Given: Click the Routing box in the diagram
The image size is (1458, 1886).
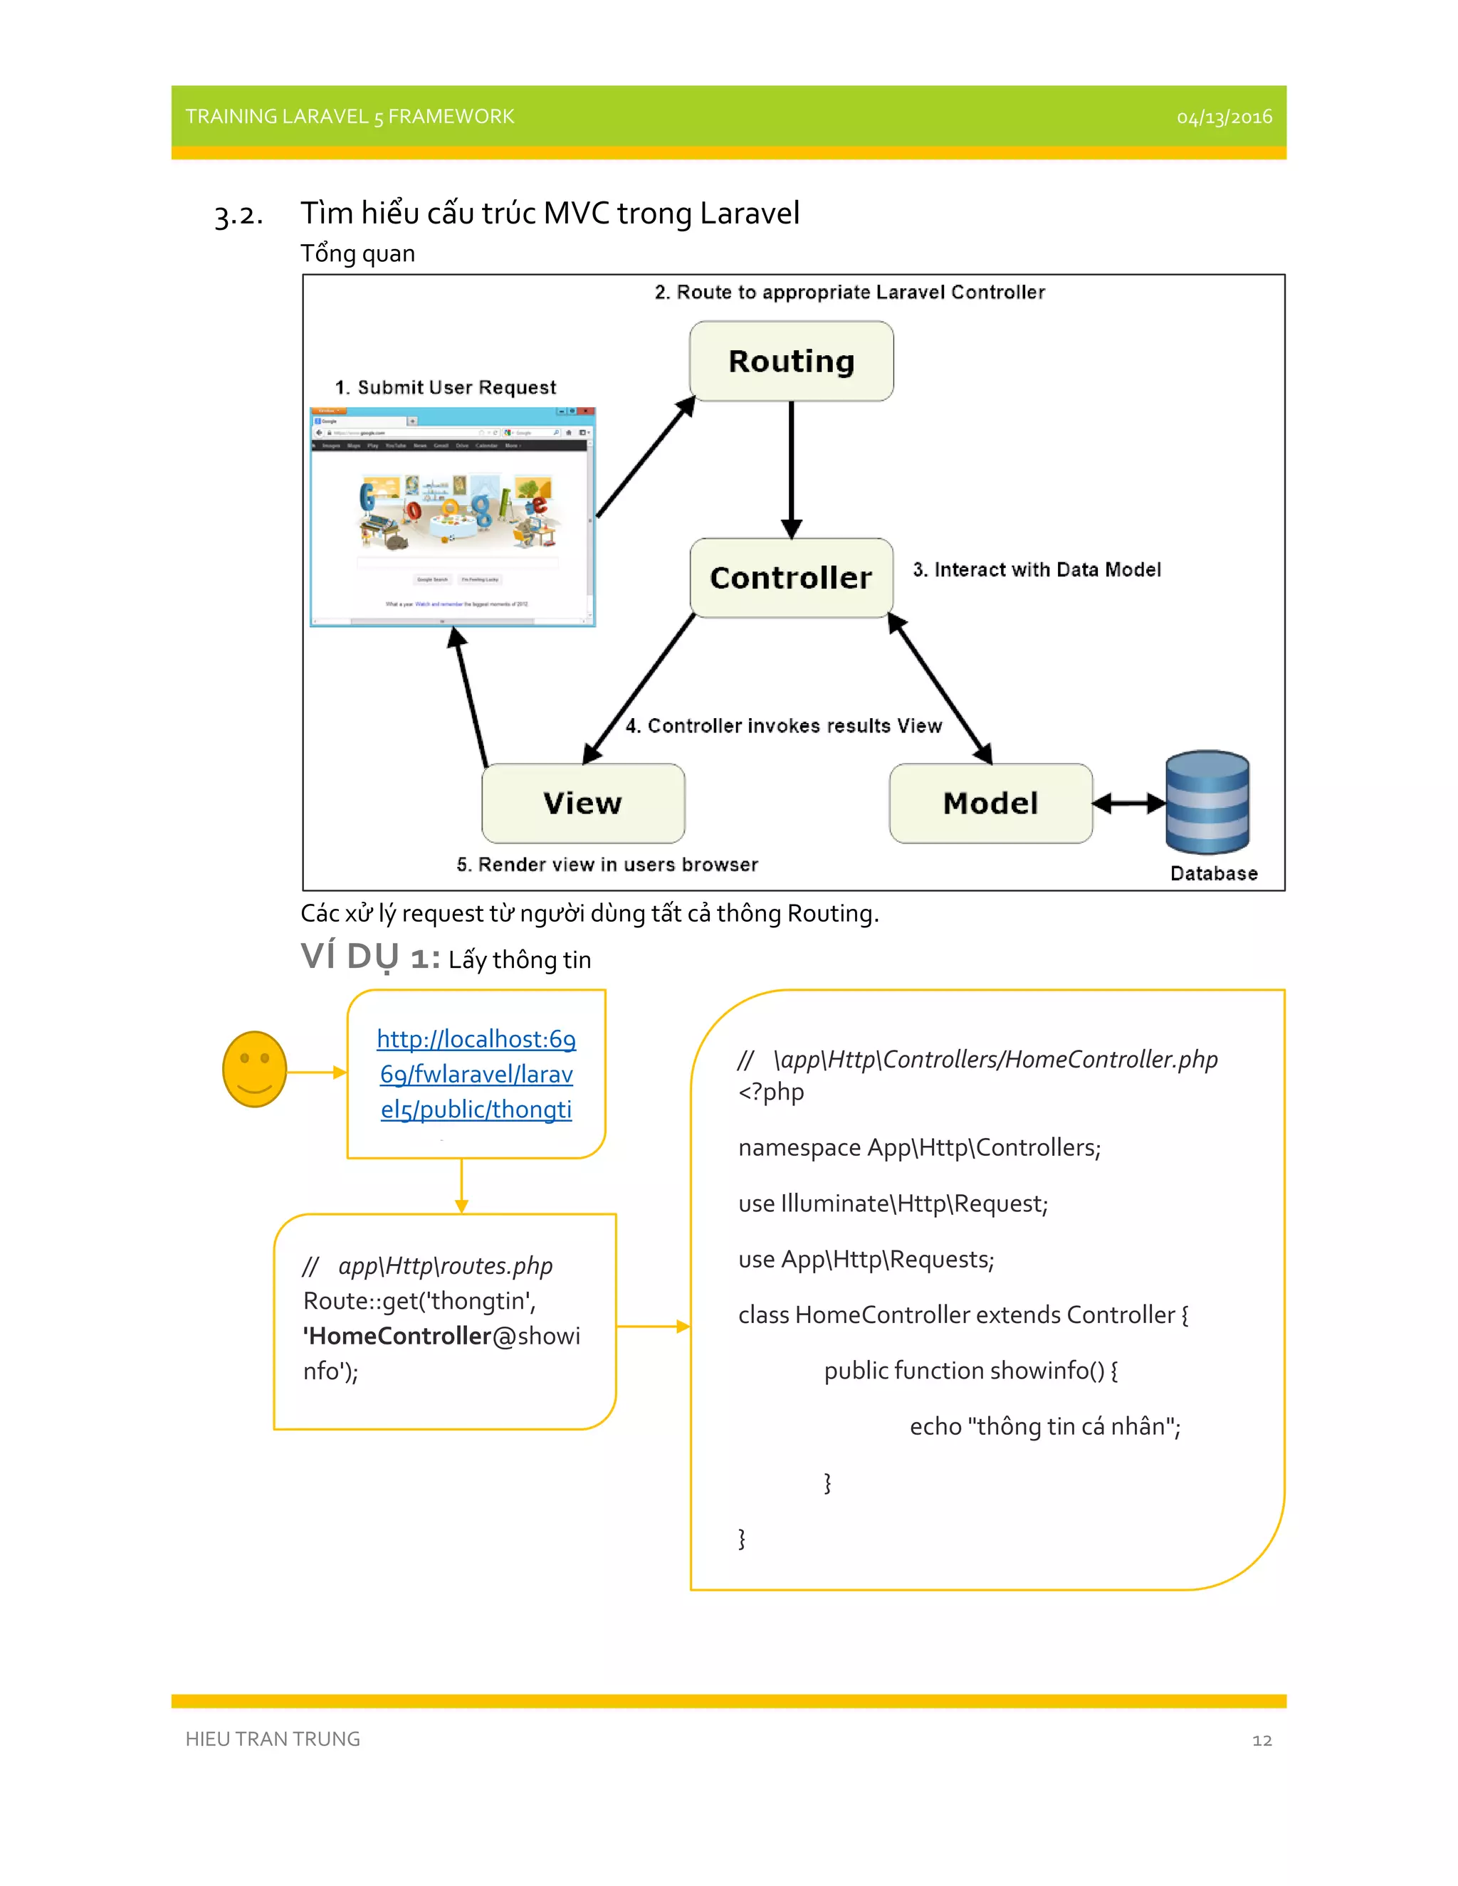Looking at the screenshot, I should point(791,361).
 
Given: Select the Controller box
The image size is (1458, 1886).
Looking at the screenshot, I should point(791,578).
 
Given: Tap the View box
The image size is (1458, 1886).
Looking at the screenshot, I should point(583,803).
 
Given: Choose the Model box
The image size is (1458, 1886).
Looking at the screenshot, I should point(991,803).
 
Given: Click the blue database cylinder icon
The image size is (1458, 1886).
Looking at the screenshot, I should point(1207,802).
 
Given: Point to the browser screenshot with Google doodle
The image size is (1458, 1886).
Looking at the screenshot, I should point(453,517).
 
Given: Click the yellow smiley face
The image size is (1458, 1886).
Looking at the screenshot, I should point(255,1068).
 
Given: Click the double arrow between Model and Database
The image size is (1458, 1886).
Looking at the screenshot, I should point(1129,803).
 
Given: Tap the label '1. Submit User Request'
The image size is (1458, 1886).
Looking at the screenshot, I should point(446,387).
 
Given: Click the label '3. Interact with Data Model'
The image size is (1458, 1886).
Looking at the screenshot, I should point(1037,570).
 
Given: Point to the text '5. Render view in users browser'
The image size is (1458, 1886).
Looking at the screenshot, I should point(607,865).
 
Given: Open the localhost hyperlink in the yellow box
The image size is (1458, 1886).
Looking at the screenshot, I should point(476,1073).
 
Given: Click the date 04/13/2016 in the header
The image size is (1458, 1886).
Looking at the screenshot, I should point(1224,117).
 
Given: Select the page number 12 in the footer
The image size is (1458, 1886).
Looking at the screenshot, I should point(1262,1740).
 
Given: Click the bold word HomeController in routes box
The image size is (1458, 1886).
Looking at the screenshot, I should point(401,1336).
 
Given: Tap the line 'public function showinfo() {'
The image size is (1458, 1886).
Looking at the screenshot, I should point(971,1371).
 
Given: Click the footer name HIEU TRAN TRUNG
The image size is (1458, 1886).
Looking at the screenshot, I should point(273,1739).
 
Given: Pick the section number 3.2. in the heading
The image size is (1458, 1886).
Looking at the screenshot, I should point(238,214).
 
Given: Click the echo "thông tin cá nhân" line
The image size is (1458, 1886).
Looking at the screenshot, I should point(1045,1426).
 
